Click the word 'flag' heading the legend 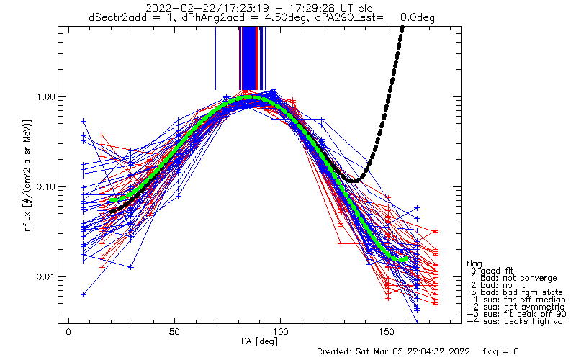tap(474, 263)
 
